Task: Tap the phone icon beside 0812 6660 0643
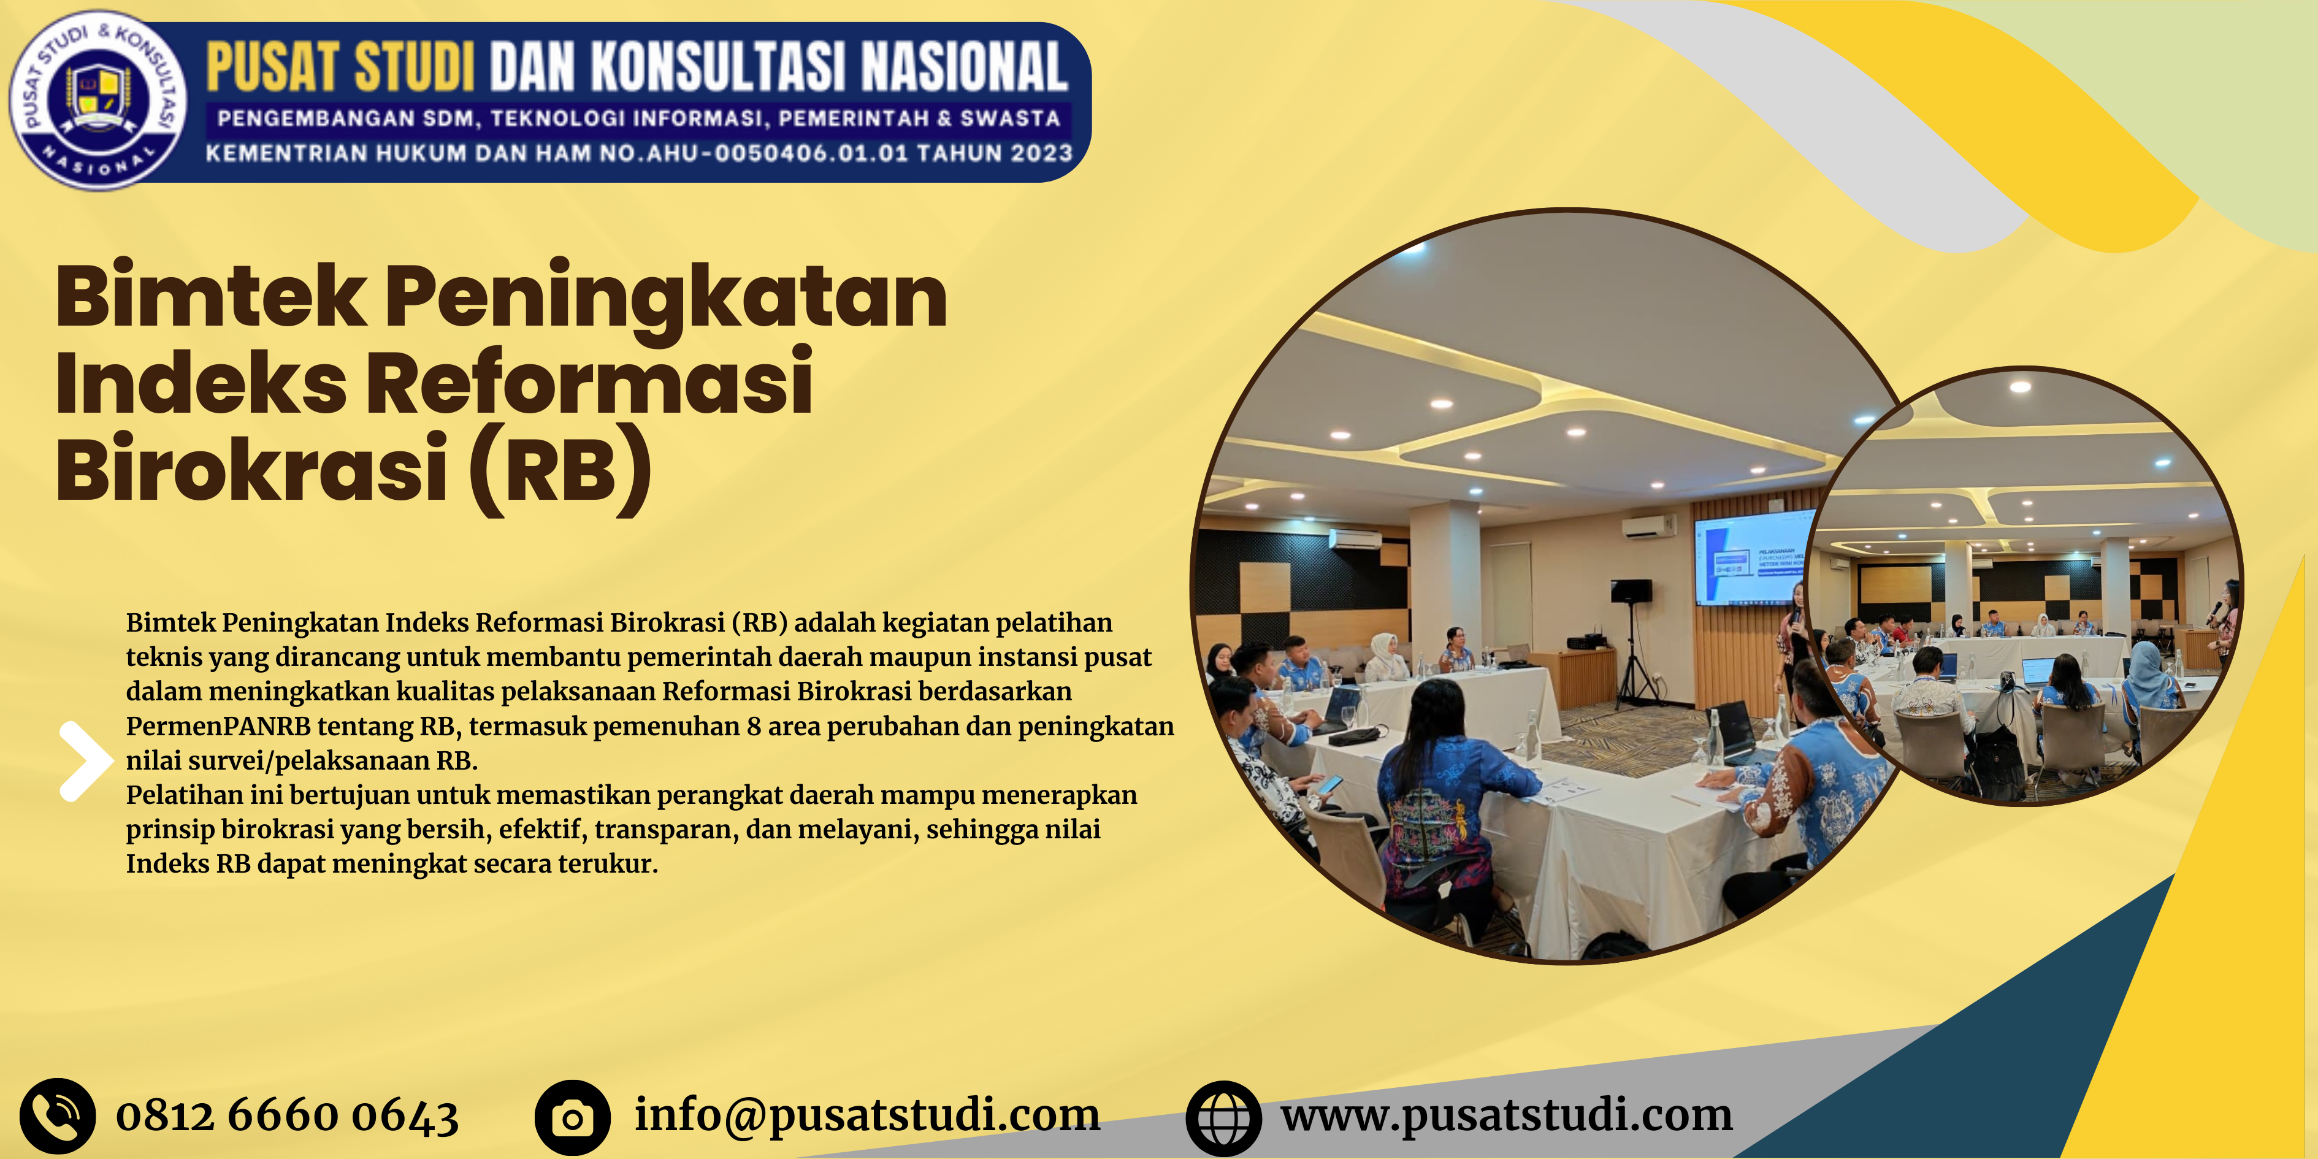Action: coord(58,1116)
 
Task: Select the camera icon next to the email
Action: coord(572,1117)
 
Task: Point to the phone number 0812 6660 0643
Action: coord(287,1116)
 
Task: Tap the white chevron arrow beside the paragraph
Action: coord(85,760)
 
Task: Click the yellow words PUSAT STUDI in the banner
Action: coord(340,67)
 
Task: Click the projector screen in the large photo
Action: coord(1754,556)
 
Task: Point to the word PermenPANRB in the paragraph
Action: coord(218,726)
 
